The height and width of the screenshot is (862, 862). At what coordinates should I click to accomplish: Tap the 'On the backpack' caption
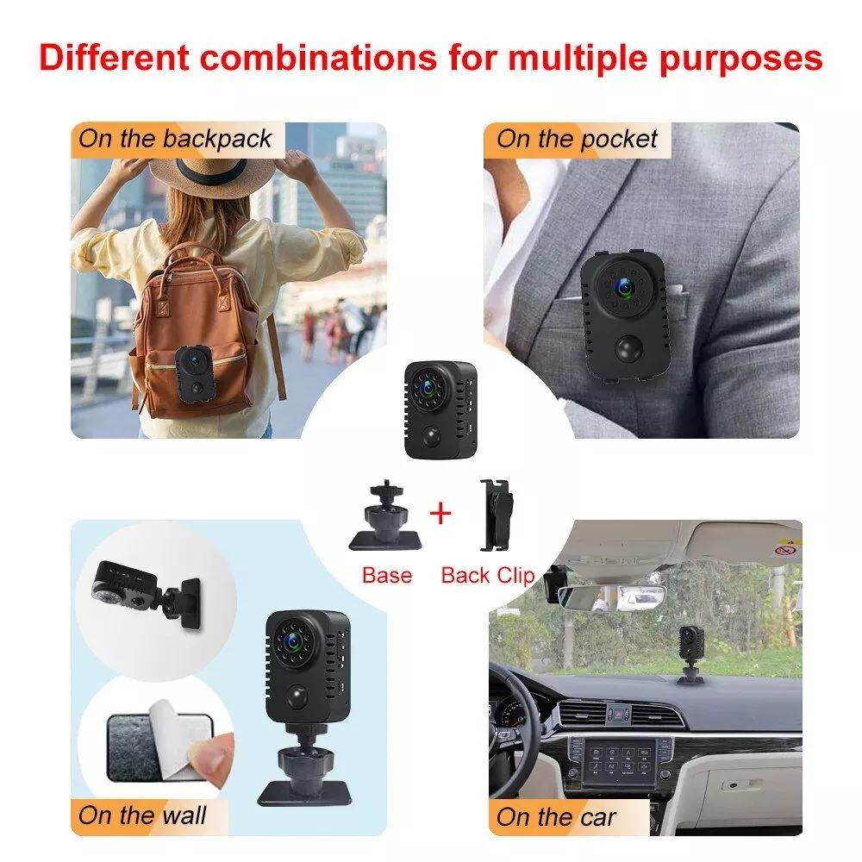[x=175, y=139]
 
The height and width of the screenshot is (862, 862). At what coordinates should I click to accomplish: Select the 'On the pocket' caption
[x=577, y=139]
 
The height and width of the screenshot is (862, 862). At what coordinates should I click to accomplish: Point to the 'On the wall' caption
[x=142, y=815]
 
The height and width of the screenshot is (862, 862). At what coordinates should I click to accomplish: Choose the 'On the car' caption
[x=556, y=817]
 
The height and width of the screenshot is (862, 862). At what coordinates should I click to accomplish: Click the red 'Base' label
[x=387, y=575]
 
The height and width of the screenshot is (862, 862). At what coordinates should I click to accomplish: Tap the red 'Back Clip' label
[x=488, y=576]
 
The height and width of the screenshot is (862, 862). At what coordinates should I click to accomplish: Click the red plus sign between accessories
[x=440, y=514]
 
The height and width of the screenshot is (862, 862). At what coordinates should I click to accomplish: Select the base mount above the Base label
[x=385, y=515]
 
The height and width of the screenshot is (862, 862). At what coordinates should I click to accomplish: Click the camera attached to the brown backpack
[x=193, y=374]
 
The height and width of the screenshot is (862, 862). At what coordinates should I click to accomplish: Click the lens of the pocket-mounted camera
[x=623, y=286]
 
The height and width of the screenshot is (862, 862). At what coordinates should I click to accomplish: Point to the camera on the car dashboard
[x=688, y=654]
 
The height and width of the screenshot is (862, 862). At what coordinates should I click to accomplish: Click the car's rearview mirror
[x=611, y=597]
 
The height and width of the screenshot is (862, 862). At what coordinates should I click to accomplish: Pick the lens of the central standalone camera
[x=428, y=388]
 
